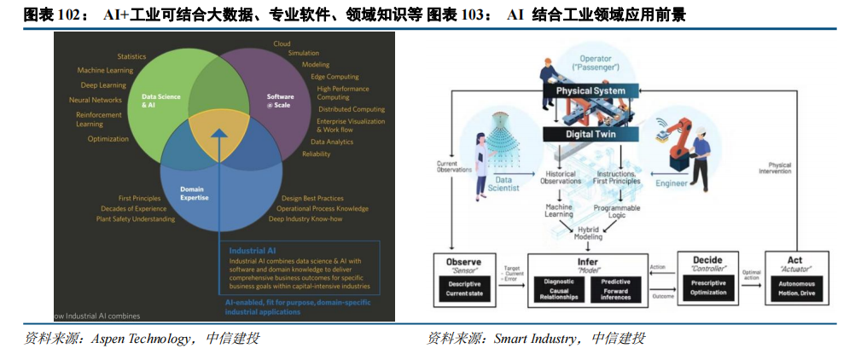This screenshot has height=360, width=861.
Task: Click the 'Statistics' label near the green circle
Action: pyautogui.click(x=131, y=56)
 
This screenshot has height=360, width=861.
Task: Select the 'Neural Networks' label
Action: pyautogui.click(x=95, y=100)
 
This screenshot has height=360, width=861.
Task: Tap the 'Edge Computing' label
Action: pyautogui.click(x=335, y=77)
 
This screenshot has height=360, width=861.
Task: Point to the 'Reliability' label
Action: pyautogui.click(x=316, y=154)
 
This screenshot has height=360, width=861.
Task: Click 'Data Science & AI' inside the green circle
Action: pyautogui.click(x=160, y=102)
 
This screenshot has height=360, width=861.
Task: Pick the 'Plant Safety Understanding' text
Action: pyautogui.click(x=135, y=219)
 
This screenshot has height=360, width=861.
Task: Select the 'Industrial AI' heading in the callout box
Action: pyautogui.click(x=253, y=251)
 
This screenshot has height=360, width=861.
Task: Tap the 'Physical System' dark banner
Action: pyautogui.click(x=590, y=90)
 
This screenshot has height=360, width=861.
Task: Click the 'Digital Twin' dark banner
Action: pyautogui.click(x=590, y=134)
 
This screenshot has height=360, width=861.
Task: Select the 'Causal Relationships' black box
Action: pyautogui.click(x=558, y=292)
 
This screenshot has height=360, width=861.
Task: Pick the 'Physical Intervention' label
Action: pyautogui.click(x=779, y=169)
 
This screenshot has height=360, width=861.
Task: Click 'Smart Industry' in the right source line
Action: pyautogui.click(x=534, y=339)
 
